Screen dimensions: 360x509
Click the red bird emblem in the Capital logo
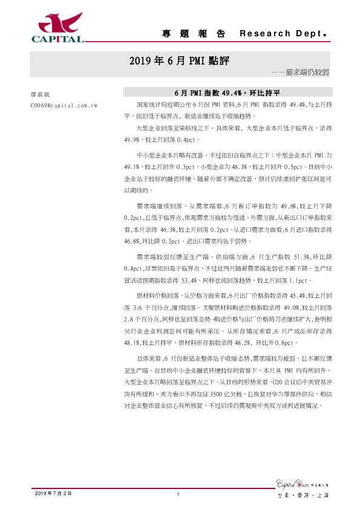coord(59,22)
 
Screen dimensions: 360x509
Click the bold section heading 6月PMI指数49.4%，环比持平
coord(226,93)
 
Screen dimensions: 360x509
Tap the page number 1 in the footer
coord(178,494)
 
